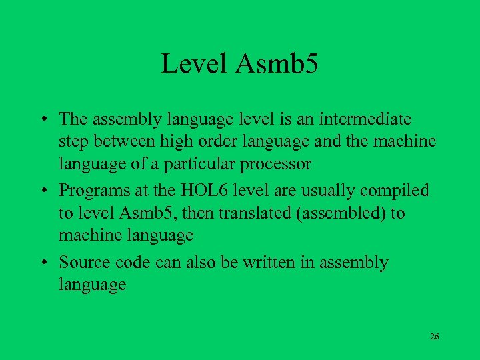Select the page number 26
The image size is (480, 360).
(435, 337)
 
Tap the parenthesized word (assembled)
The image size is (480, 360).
(322, 213)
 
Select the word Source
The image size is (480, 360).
(81, 263)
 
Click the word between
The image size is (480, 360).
(114, 141)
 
